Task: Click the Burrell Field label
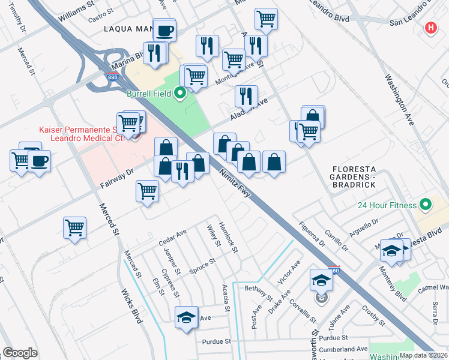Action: [149, 93]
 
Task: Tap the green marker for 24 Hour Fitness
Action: [426, 205]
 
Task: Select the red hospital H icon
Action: [430, 28]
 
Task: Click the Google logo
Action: [20, 353]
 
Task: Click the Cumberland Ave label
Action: [344, 349]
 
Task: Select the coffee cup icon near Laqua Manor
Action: [164, 30]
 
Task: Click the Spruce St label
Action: [202, 264]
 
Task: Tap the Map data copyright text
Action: [423, 355]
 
